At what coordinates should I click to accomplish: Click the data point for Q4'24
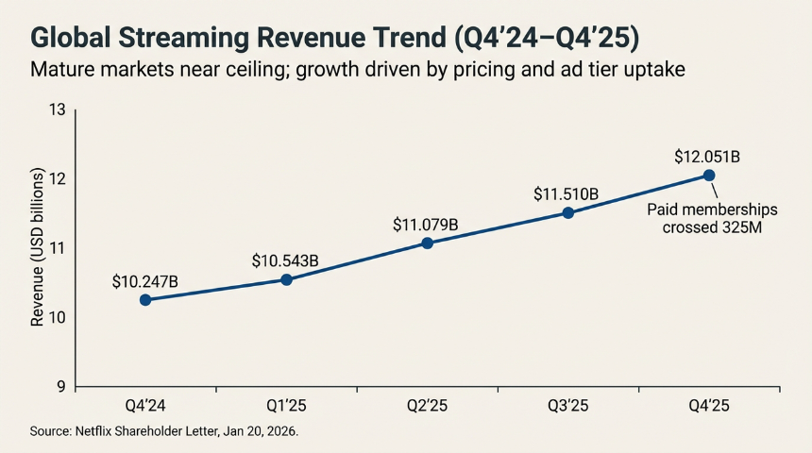(145, 300)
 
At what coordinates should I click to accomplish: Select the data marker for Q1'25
(286, 279)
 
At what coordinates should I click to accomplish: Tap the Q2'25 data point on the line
(427, 243)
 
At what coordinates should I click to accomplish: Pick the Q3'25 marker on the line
(567, 212)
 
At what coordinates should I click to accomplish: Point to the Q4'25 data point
(708, 176)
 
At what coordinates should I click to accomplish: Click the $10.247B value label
(144, 281)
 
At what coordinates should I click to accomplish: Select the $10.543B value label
(285, 260)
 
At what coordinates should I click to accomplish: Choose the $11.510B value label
(567, 194)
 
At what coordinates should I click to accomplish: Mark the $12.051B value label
(707, 156)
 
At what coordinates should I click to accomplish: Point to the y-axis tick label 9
(60, 386)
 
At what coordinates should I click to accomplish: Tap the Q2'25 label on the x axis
(427, 406)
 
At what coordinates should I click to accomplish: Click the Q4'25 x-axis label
(708, 406)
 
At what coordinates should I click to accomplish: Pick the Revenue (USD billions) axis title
(38, 248)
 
